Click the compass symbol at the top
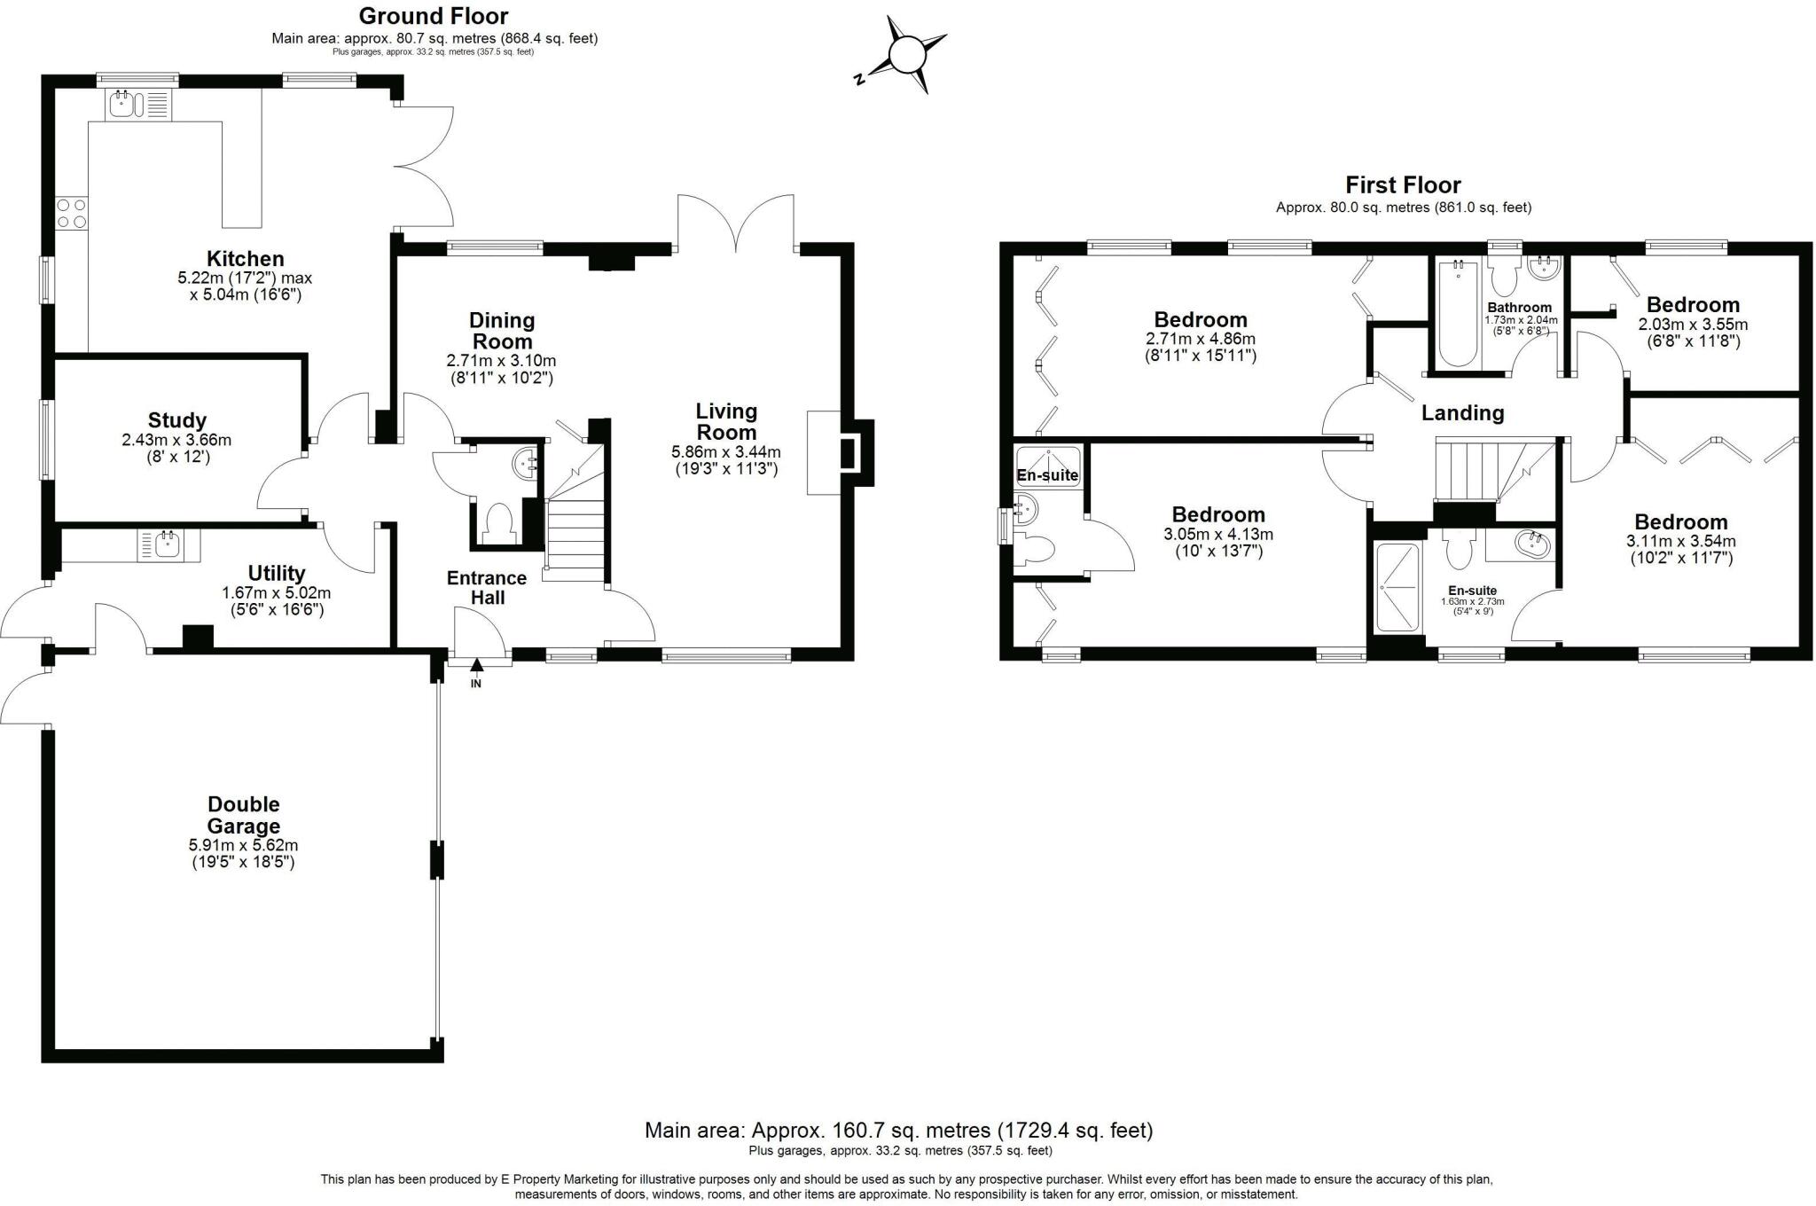pyautogui.click(x=906, y=56)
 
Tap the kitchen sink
pyautogui.click(x=121, y=106)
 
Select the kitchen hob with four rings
pyautogui.click(x=72, y=213)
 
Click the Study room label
pyautogui.click(x=177, y=420)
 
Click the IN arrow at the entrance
pyautogui.click(x=476, y=666)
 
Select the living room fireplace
pyautogui.click(x=841, y=453)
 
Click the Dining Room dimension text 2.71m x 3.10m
pyautogui.click(x=501, y=361)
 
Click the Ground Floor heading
pyautogui.click(x=434, y=16)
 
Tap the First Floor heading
pyautogui.click(x=1403, y=185)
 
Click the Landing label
pyautogui.click(x=1462, y=412)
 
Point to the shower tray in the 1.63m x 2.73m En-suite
pyautogui.click(x=1397, y=587)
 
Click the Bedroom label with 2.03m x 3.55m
pyautogui.click(x=1692, y=305)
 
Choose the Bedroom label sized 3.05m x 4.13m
pyautogui.click(x=1217, y=514)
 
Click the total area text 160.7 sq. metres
pyautogui.click(x=898, y=1131)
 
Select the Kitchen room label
pyautogui.click(x=245, y=259)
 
